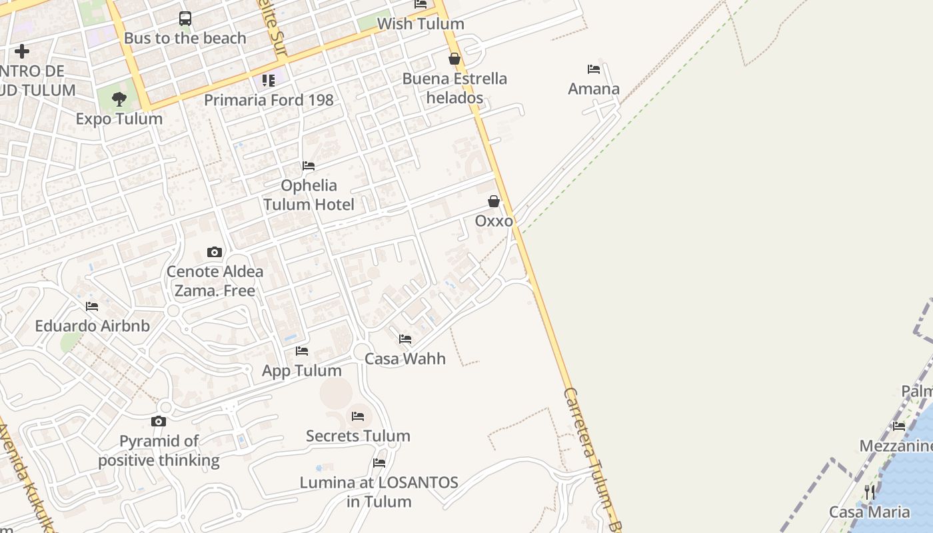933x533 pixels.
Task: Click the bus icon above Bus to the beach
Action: (x=185, y=19)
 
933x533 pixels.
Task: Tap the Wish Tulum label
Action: (x=420, y=24)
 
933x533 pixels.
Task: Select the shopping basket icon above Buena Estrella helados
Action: (x=455, y=59)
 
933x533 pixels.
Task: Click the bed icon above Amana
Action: (x=594, y=69)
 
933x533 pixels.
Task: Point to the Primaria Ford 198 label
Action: (x=269, y=100)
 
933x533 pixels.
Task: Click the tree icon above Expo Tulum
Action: (x=119, y=100)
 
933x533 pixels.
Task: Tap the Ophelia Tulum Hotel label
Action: (x=309, y=195)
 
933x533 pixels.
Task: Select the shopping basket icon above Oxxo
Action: (x=494, y=201)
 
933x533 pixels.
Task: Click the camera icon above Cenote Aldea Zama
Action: (x=215, y=252)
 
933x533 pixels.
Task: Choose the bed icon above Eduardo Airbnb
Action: (x=92, y=306)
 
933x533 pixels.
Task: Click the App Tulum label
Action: (x=302, y=370)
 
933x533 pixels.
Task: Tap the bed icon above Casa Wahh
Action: (x=405, y=339)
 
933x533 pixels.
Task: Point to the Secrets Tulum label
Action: (x=358, y=436)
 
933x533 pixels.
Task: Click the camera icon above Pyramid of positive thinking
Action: (x=159, y=421)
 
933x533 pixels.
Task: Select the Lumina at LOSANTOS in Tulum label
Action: (x=379, y=492)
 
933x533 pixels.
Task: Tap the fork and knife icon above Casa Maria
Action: (x=870, y=492)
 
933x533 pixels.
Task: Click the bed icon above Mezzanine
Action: (x=899, y=426)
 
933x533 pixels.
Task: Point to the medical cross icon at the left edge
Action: (x=22, y=51)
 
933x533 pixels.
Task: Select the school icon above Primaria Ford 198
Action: (x=269, y=81)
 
